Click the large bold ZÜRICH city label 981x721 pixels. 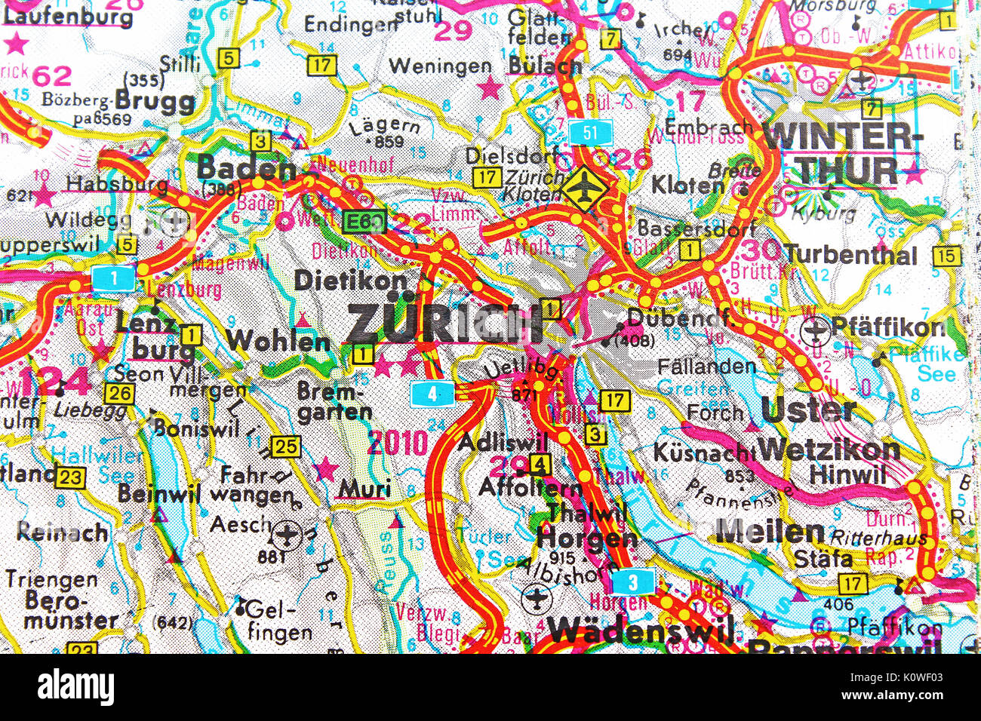coord(444,323)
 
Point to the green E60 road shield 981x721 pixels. coord(364,222)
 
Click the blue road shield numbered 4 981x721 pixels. coord(432,393)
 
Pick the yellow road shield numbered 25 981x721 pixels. coord(284,446)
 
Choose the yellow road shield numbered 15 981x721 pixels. coord(946,256)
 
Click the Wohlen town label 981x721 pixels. coord(278,341)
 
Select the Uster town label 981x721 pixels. coord(808,410)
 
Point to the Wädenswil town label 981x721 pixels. coord(641,629)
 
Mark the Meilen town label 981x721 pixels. coord(770,532)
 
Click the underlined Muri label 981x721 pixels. coord(364,489)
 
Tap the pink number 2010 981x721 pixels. coord(397,443)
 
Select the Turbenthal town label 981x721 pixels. coord(850,255)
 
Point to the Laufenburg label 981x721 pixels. coord(67,16)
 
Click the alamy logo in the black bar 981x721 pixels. coord(75,687)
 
